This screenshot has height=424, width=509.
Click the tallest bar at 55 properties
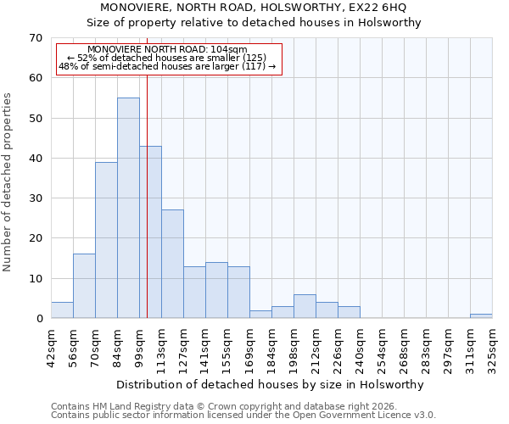(x=128, y=208)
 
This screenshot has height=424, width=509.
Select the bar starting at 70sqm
(x=106, y=240)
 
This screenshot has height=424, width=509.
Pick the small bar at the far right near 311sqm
(x=481, y=316)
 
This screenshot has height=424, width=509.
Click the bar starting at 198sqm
(x=305, y=306)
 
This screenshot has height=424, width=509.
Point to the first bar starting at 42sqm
(x=62, y=310)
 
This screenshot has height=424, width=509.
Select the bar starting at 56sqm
(x=84, y=286)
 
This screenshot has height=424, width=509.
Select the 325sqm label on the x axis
(x=492, y=346)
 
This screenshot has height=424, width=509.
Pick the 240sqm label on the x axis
(x=360, y=346)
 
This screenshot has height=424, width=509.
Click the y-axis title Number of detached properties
(x=8, y=182)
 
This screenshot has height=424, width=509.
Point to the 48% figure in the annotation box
(x=68, y=66)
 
